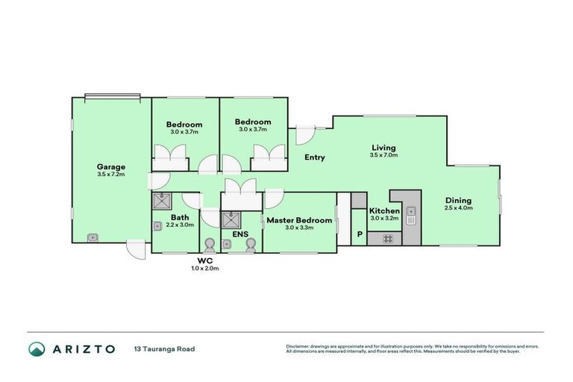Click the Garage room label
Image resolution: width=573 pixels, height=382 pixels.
pyautogui.click(x=110, y=166)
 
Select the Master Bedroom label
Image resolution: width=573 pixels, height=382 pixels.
pyautogui.click(x=298, y=220)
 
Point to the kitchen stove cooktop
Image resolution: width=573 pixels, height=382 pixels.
pyautogui.click(x=388, y=238)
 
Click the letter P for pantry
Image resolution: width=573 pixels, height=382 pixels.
pyautogui.click(x=359, y=235)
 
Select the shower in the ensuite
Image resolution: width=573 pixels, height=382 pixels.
pyautogui.click(x=231, y=219)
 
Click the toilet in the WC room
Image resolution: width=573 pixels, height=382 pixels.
pyautogui.click(x=209, y=245)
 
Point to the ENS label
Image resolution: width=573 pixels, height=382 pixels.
pyautogui.click(x=239, y=234)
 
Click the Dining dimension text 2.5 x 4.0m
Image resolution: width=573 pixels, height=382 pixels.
pyautogui.click(x=458, y=208)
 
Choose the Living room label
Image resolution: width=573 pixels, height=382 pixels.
pyautogui.click(x=383, y=147)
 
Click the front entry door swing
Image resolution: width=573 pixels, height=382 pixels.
pyautogui.click(x=304, y=135)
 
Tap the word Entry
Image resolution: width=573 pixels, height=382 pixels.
pyautogui.click(x=314, y=157)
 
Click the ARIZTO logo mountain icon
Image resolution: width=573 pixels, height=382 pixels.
pyautogui.click(x=37, y=348)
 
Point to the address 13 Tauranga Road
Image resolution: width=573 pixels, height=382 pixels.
pyautogui.click(x=164, y=348)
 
